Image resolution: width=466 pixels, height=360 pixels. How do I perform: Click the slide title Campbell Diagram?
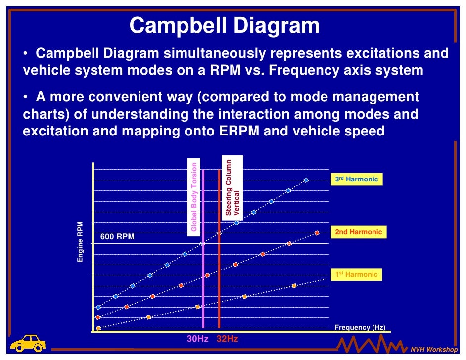(224, 26)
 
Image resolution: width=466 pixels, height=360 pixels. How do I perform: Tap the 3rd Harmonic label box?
(357, 180)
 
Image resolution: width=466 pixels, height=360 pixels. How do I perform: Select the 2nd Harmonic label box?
(359, 232)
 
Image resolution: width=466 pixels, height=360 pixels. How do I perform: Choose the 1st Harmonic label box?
(357, 274)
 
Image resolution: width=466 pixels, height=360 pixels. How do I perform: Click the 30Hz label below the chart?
(197, 339)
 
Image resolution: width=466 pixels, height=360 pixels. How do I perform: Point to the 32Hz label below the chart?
(228, 339)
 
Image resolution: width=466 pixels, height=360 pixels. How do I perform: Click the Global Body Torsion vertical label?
(194, 197)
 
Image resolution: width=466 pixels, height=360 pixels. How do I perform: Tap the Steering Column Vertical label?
(232, 186)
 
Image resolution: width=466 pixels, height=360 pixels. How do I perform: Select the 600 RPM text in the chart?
(117, 237)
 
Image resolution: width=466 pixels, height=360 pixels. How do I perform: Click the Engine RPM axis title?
(80, 242)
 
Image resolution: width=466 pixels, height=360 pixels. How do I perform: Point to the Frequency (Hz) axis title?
(360, 327)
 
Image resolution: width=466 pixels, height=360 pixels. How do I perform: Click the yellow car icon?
(28, 342)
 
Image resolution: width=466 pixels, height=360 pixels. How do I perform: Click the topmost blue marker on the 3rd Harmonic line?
(306, 180)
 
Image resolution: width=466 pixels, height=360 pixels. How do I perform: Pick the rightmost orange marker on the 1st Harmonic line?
(294, 286)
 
